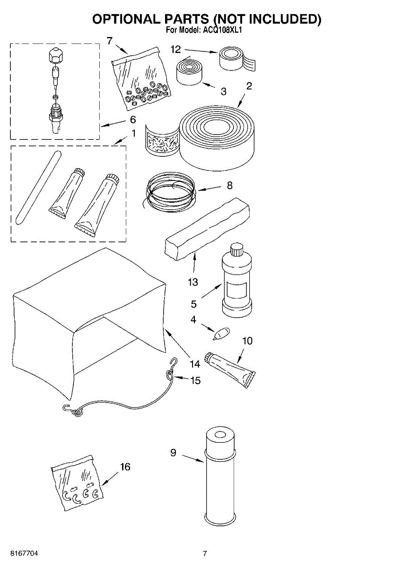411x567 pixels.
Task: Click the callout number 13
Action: pos(192,283)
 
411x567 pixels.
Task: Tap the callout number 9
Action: pos(173,453)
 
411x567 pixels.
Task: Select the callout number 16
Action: pos(125,467)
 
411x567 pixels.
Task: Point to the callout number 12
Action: pos(176,49)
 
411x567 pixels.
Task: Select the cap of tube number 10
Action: pos(209,359)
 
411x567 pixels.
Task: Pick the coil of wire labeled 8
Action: pos(170,191)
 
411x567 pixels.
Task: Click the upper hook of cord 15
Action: pos(174,363)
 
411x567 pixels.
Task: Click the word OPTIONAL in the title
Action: pos(126,19)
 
